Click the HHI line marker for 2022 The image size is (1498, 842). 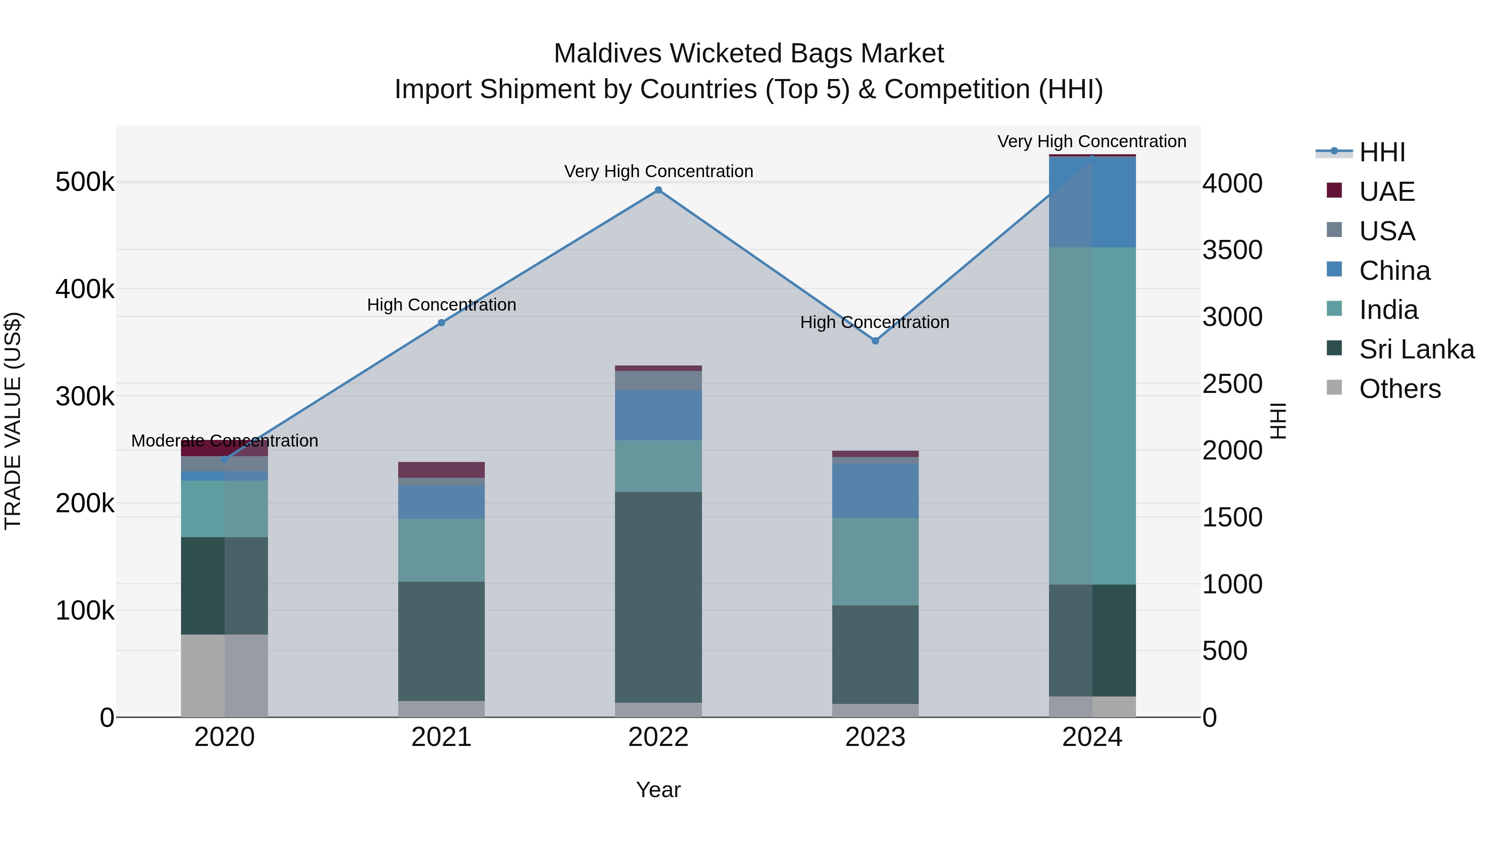pyautogui.click(x=658, y=190)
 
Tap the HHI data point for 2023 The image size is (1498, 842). pyautogui.click(x=875, y=341)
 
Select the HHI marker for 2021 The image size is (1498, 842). pyautogui.click(x=441, y=323)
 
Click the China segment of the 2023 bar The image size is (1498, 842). pyautogui.click(x=875, y=491)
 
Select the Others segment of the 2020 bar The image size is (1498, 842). pyautogui.click(x=224, y=675)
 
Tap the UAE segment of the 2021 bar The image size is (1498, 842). pyautogui.click(x=441, y=469)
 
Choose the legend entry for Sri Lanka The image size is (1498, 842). pyautogui.click(x=1416, y=349)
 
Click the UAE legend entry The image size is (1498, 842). pyautogui.click(x=1386, y=192)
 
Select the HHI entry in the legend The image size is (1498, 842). pyautogui.click(x=1381, y=152)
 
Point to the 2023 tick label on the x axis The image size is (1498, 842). pyautogui.click(x=875, y=737)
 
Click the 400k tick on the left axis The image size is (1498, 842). pyautogui.click(x=85, y=289)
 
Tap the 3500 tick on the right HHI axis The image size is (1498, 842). pyautogui.click(x=1232, y=250)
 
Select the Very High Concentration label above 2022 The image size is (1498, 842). pyautogui.click(x=658, y=171)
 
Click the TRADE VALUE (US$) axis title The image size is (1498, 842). pyautogui.click(x=13, y=421)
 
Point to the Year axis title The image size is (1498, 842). pyautogui.click(x=658, y=790)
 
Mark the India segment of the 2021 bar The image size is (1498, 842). pyautogui.click(x=441, y=550)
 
